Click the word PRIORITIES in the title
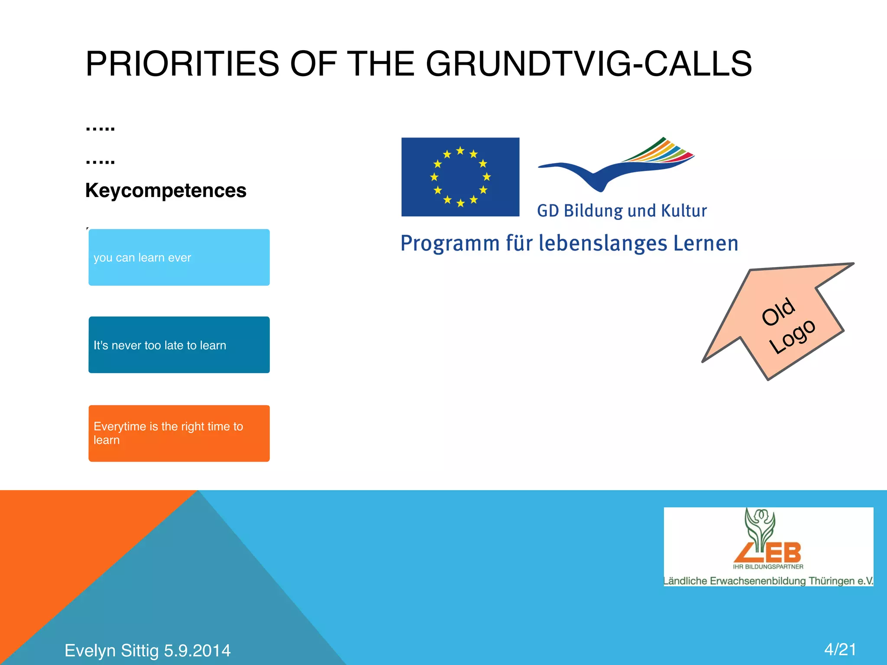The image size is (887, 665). point(182,64)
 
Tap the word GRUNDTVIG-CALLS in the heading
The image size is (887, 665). point(589,64)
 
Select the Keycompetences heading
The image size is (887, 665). point(165,190)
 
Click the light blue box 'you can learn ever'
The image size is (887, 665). point(179,257)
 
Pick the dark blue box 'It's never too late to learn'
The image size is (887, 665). point(179,345)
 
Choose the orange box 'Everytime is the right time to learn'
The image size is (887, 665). point(179,433)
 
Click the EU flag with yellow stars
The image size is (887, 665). point(460,177)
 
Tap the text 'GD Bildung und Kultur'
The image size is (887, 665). point(622,211)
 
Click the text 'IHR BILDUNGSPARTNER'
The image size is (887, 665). point(768,567)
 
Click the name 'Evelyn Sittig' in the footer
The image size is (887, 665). point(111,651)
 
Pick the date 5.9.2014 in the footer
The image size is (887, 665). point(197,651)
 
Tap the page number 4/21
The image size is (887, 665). point(840,649)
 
